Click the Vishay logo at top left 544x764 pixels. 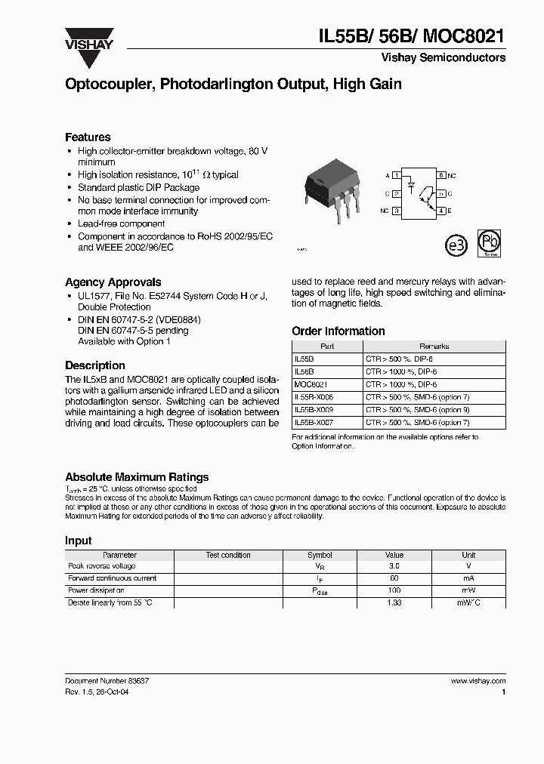tap(89, 39)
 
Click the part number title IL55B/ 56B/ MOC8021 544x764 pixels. tap(412, 35)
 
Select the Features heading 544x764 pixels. tap(88, 137)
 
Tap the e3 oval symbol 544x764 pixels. tap(454, 246)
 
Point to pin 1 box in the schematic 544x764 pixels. tap(397, 175)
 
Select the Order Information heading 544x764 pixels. tap(338, 331)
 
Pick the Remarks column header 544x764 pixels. tap(434, 347)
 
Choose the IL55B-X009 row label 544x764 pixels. tap(313, 411)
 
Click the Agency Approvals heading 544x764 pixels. tap(113, 282)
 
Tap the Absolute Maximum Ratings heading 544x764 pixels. tap(137, 477)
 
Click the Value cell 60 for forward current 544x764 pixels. tap(394, 578)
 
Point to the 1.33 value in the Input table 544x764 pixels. tap(394, 602)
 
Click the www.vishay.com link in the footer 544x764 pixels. tap(478, 681)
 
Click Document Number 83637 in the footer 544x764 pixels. tap(107, 681)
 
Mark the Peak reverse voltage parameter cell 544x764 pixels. tap(102, 566)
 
